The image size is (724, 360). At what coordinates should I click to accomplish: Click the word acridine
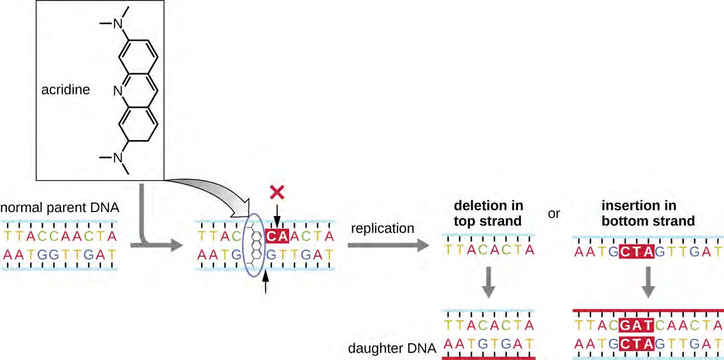(65, 89)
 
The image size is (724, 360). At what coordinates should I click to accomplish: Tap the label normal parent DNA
(60, 209)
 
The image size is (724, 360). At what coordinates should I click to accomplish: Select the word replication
(383, 228)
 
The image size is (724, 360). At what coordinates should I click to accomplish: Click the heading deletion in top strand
(487, 214)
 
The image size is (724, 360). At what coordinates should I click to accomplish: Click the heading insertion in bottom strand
(648, 214)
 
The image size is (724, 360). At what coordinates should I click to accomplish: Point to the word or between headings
(554, 214)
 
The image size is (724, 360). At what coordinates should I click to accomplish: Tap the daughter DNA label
(391, 349)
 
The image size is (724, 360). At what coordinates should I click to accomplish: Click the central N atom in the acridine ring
(118, 89)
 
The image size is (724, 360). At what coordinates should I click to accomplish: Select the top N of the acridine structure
(118, 23)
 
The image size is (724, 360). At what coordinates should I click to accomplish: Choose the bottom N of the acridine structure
(118, 158)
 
